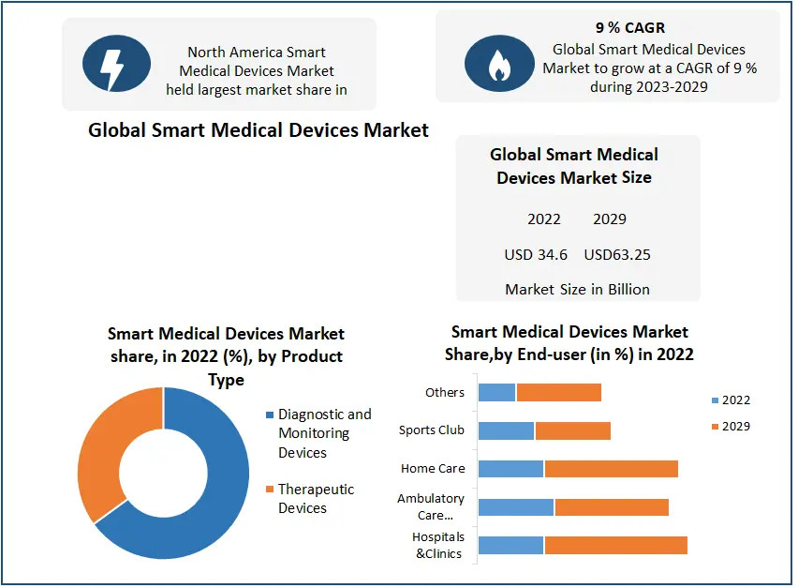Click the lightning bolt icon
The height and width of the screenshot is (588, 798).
[x=110, y=64]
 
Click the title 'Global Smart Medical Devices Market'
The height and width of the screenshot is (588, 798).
[x=259, y=130]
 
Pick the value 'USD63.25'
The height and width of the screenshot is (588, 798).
[x=618, y=254]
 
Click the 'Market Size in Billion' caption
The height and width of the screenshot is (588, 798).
[x=577, y=289]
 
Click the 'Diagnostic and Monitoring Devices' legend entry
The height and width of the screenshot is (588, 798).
[x=324, y=433]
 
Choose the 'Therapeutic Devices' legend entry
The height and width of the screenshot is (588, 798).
[x=316, y=499]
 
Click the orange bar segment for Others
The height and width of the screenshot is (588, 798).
[x=558, y=392]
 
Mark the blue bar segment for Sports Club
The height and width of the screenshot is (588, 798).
[x=506, y=430]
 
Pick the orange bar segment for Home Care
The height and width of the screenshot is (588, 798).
[x=611, y=469]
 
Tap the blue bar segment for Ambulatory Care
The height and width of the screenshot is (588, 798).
[x=516, y=507]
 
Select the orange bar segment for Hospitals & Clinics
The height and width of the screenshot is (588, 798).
[x=615, y=545]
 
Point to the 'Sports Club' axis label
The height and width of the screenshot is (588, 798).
[x=432, y=430]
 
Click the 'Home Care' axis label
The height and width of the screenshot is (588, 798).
[x=433, y=469]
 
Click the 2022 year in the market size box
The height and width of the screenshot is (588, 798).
[x=544, y=219]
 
